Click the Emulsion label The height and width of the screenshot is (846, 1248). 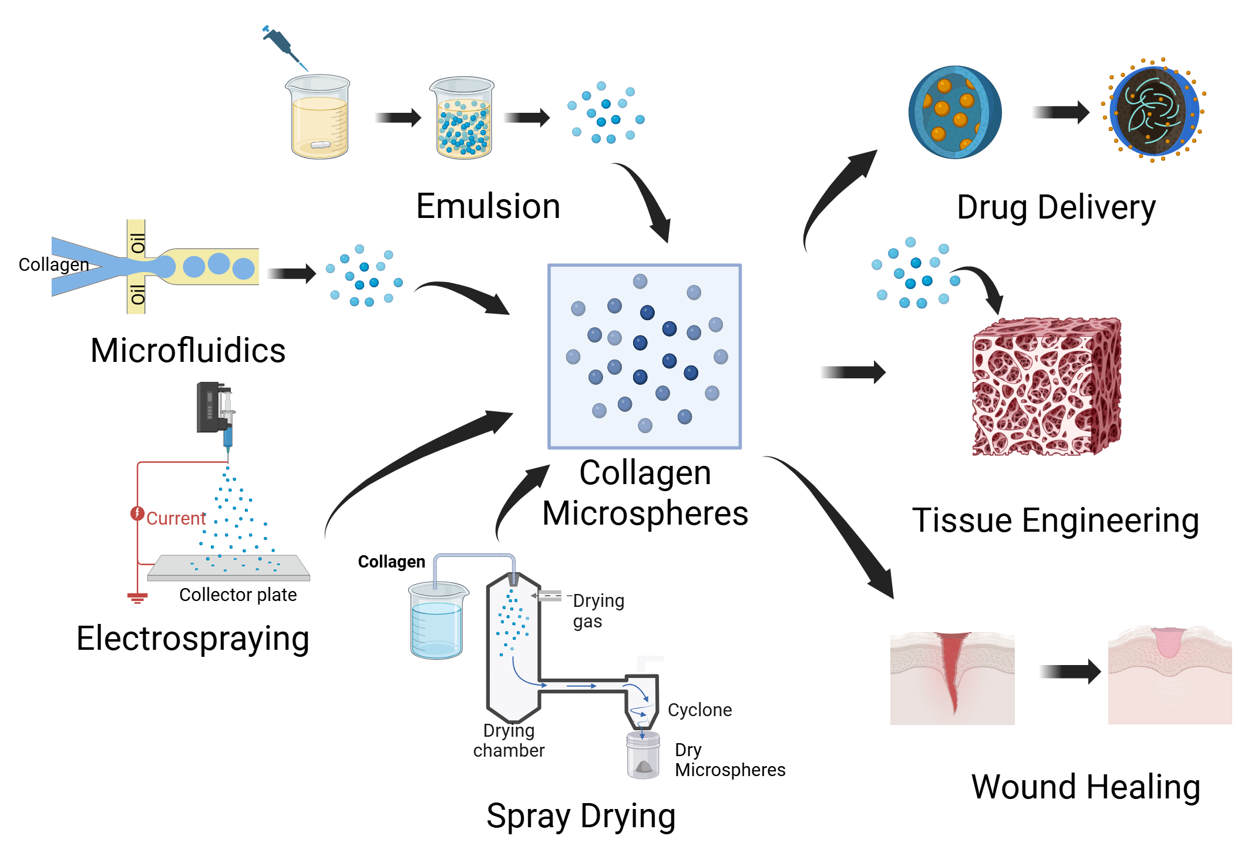[x=487, y=206]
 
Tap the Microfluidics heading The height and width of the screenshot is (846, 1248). [x=188, y=351]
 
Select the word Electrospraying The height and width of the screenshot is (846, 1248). [x=193, y=639]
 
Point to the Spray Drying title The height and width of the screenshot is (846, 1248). [x=581, y=815]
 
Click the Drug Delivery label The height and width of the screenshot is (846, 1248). [x=1056, y=207]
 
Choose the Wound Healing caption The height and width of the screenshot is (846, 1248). [x=1085, y=787]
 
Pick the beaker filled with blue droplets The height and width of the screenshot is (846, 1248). [x=463, y=119]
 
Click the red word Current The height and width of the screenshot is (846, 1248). [x=176, y=518]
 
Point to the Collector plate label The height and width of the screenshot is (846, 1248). [x=238, y=595]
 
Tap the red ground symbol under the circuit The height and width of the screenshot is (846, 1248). [x=137, y=598]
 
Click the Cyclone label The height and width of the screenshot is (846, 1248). [x=699, y=710]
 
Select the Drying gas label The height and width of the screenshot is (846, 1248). [x=598, y=610]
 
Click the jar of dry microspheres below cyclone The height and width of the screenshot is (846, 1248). [x=643, y=756]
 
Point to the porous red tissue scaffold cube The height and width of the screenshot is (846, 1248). [x=1046, y=388]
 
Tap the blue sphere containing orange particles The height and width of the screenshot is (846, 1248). [x=954, y=112]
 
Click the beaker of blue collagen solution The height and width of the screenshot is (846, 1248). [x=438, y=621]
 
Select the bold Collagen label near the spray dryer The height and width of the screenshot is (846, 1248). [x=391, y=562]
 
